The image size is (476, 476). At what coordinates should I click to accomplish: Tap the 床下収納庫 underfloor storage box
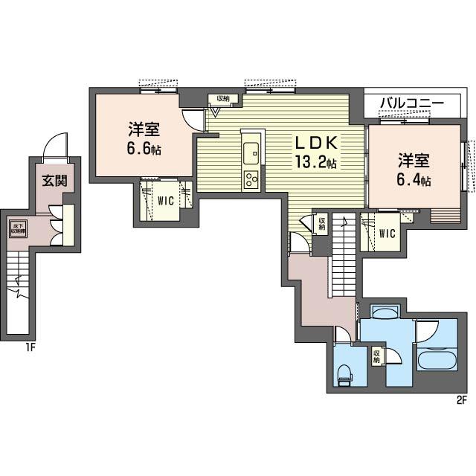tap(16, 228)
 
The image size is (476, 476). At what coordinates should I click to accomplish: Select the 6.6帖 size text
tap(141, 149)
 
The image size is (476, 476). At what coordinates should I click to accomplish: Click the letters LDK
tap(317, 143)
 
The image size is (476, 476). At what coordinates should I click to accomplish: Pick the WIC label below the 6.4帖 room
tap(387, 234)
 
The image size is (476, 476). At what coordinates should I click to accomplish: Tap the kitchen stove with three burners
tap(251, 178)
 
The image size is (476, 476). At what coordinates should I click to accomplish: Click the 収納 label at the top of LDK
tap(223, 99)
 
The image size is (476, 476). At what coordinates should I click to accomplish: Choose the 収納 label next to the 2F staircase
tap(322, 223)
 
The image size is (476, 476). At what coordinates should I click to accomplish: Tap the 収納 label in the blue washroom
tap(377, 356)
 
